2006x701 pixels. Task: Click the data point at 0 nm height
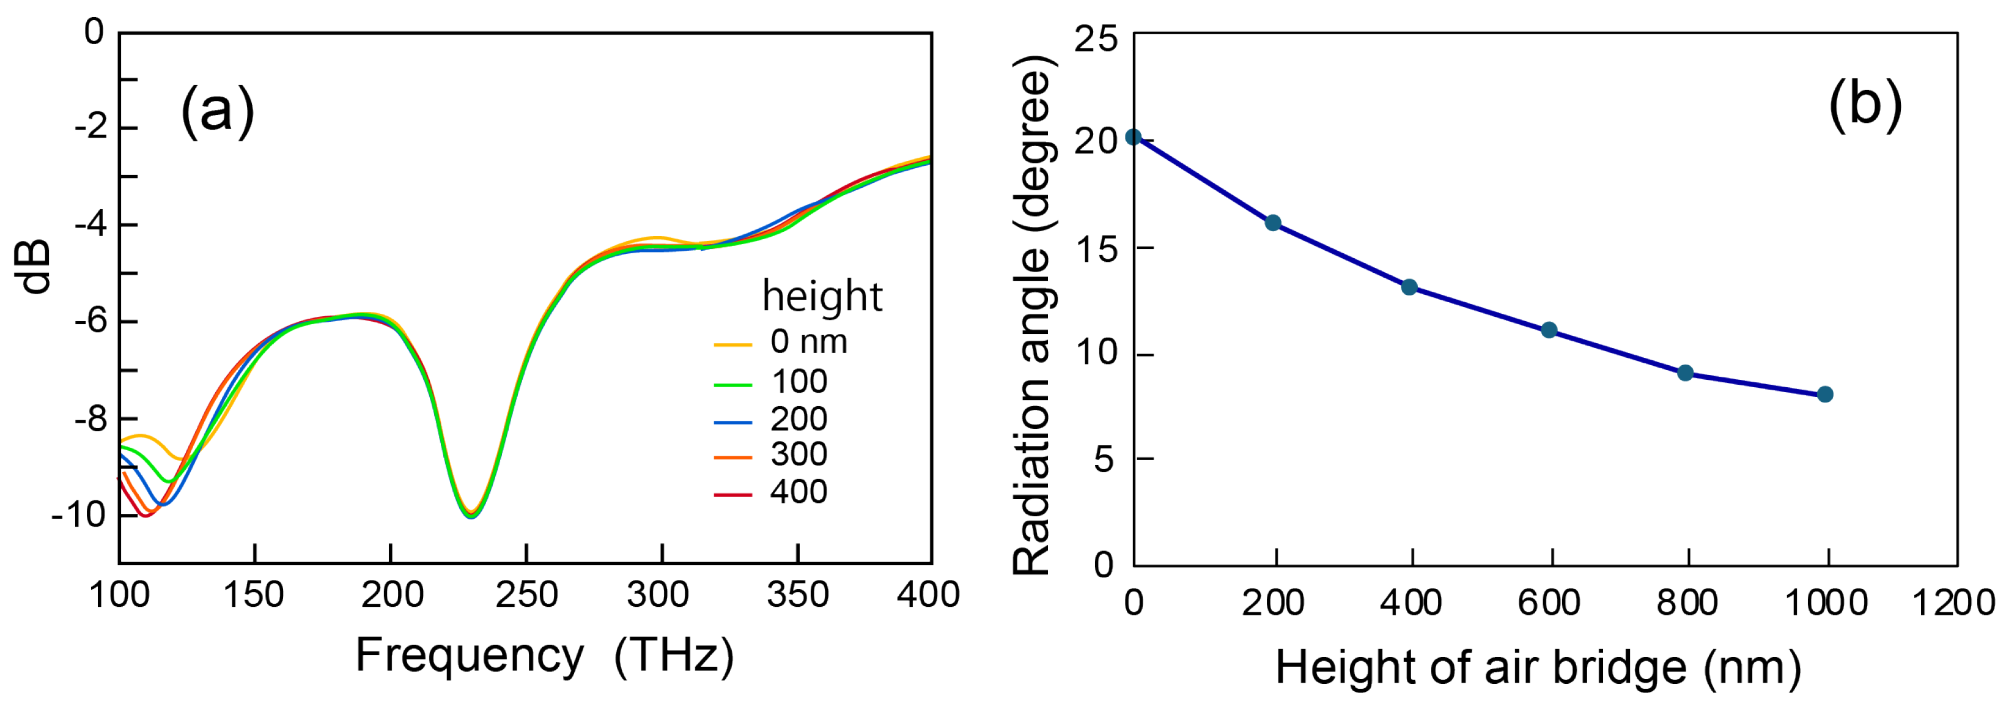1134,137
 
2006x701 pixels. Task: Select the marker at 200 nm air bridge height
1272,223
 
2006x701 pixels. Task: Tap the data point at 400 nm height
1409,287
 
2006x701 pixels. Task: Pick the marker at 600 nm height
1549,330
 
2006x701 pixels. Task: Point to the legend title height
822,296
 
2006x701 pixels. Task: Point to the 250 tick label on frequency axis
526,596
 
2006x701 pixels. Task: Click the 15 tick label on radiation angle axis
1095,249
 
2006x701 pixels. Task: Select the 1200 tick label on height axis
1954,604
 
